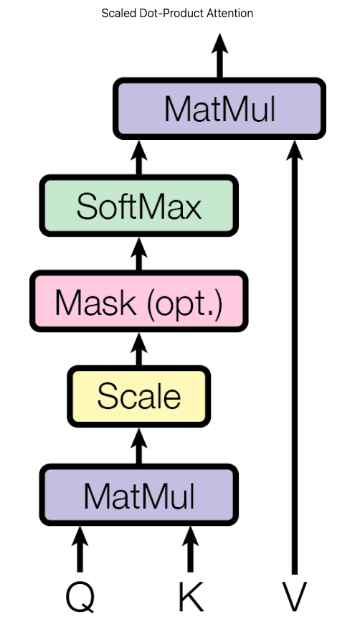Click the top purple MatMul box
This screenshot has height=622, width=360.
click(x=219, y=108)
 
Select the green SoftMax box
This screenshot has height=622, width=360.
click(x=138, y=206)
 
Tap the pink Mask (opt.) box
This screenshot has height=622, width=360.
click(x=138, y=303)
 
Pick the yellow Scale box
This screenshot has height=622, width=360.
click(x=138, y=396)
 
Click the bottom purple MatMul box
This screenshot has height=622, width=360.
click(x=138, y=496)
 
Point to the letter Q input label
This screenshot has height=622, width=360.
click(x=80, y=595)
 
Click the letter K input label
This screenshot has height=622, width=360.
click(x=191, y=595)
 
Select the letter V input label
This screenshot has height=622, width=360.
click(x=294, y=595)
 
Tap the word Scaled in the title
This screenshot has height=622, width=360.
click(x=118, y=13)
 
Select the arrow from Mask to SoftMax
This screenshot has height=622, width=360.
click(x=138, y=254)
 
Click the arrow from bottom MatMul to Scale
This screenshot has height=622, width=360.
click(x=138, y=445)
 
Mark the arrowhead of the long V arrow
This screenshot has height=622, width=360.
click(x=294, y=151)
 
